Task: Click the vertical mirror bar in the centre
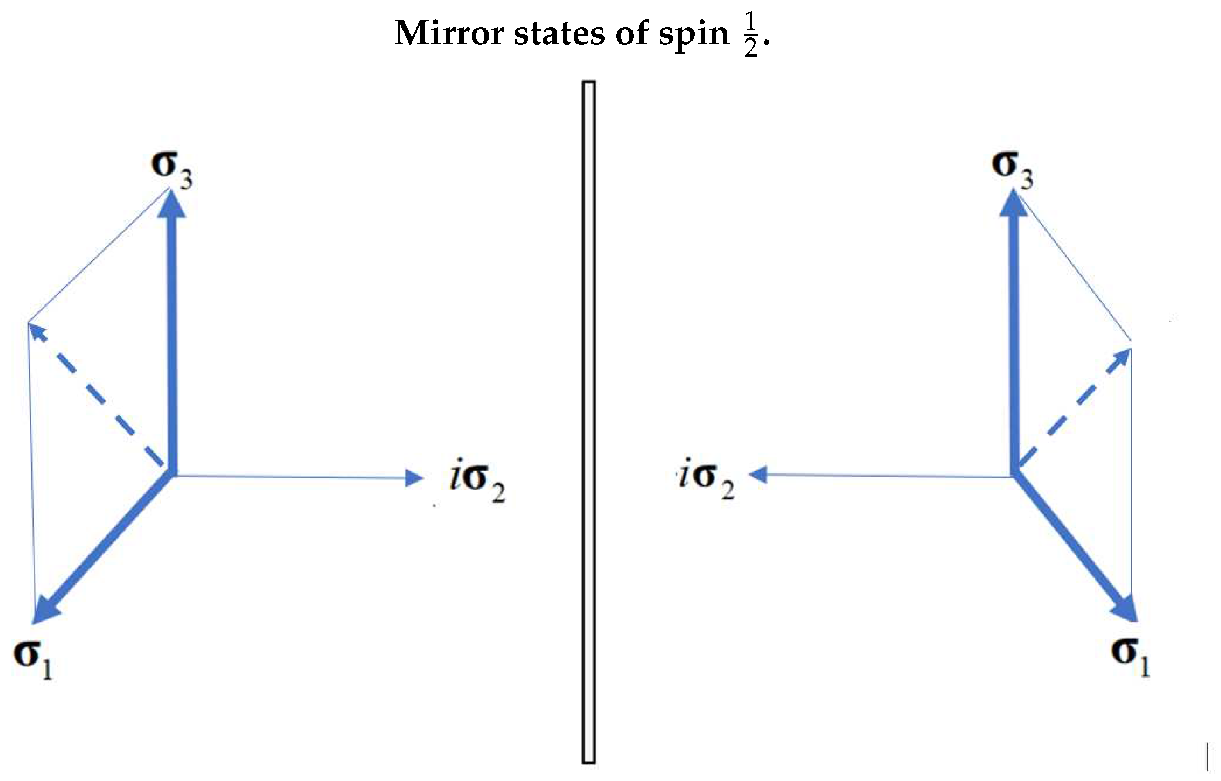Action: click(588, 421)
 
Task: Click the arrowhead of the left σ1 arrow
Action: click(44, 609)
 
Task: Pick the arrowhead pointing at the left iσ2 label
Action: click(414, 478)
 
